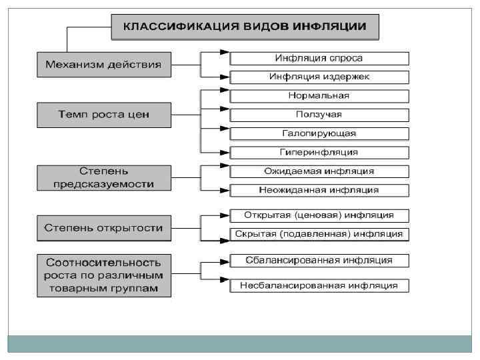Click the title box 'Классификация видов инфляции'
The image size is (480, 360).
(244, 27)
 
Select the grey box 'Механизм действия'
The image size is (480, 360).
(104, 65)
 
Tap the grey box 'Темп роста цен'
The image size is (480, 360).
(104, 115)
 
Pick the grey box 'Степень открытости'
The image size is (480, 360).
(104, 228)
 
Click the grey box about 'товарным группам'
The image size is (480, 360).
(104, 275)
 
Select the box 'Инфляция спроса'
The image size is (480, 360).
(319, 58)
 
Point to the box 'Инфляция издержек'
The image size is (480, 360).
(319, 77)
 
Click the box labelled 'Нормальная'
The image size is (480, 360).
(319, 95)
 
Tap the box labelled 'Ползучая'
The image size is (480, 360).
(319, 115)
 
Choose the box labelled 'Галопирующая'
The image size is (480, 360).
(319, 133)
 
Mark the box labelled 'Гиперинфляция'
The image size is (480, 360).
(319, 152)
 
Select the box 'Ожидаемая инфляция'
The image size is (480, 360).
(319, 171)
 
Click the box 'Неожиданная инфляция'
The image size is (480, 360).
(319, 190)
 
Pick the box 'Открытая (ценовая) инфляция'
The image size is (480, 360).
(319, 215)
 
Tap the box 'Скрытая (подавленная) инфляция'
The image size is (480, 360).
(319, 234)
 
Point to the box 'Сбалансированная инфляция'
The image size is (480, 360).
(319, 260)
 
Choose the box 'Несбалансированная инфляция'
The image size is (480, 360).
(319, 285)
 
